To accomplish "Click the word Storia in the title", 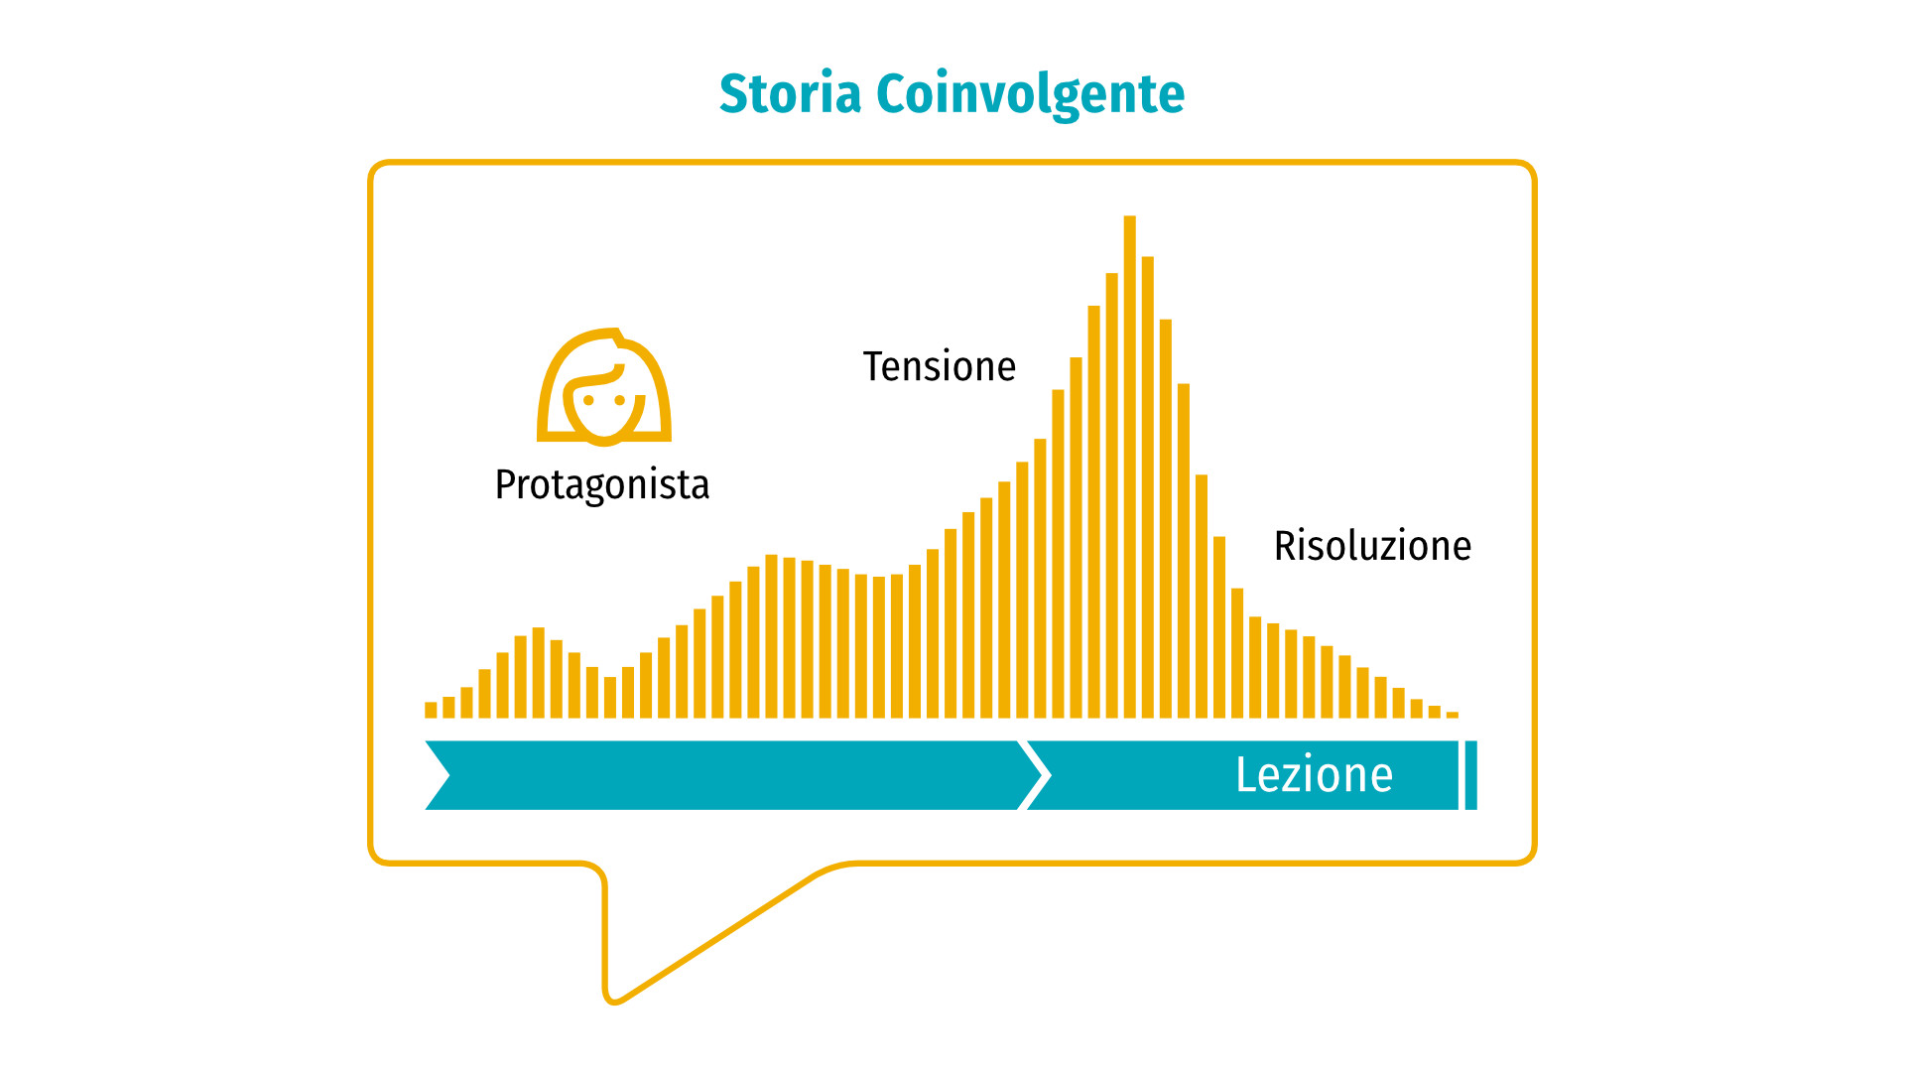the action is (x=790, y=94).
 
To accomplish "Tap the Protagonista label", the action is (x=602, y=485).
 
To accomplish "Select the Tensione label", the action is (x=940, y=366).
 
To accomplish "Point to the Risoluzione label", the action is (x=1372, y=546).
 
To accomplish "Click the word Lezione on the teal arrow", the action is (x=1314, y=775).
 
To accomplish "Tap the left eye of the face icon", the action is (x=588, y=401).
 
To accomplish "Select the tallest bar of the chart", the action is (x=1129, y=467).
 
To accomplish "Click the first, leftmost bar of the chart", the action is (x=431, y=710).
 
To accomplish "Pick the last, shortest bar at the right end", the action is (x=1453, y=715).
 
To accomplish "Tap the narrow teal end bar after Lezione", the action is (x=1471, y=775).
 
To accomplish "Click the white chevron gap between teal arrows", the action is (x=1035, y=775).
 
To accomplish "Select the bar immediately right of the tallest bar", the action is (x=1148, y=487).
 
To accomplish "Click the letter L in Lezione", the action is (x=1246, y=775).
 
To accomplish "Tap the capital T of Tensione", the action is (x=874, y=366).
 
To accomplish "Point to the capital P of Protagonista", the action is (x=506, y=484).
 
